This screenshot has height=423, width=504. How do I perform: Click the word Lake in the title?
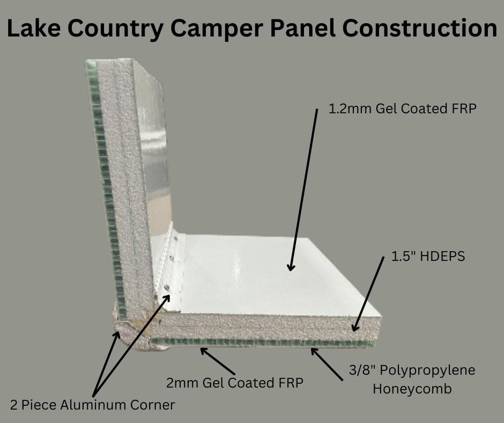click(x=33, y=28)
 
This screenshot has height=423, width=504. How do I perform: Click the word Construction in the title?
click(x=419, y=28)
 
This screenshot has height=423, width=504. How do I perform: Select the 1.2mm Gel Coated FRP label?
click(x=402, y=109)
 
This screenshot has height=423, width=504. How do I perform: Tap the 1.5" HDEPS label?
click(x=428, y=256)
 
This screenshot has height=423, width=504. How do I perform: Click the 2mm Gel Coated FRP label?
click(x=235, y=383)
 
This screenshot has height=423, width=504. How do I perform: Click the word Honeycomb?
click(x=412, y=389)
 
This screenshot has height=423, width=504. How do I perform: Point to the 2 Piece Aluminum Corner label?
click(x=93, y=405)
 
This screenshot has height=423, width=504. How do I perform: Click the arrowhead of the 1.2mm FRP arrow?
click(x=291, y=267)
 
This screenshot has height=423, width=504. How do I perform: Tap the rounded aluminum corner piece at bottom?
click(x=135, y=338)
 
